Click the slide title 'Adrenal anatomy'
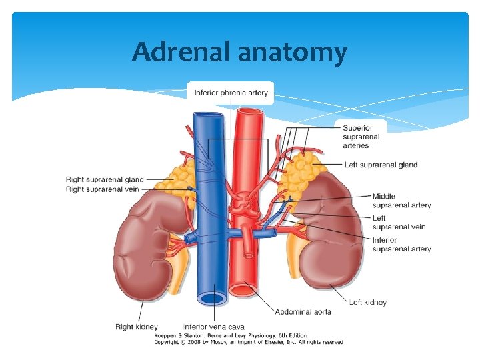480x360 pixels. [239, 51]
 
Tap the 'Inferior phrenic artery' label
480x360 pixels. [231, 93]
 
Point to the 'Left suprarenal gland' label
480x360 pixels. [381, 165]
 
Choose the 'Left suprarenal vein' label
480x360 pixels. [398, 223]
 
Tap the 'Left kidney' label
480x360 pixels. [367, 302]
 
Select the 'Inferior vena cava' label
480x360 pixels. [213, 327]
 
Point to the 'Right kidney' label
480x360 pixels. [136, 327]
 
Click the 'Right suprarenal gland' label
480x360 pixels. [105, 179]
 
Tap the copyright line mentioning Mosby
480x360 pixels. [249, 342]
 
